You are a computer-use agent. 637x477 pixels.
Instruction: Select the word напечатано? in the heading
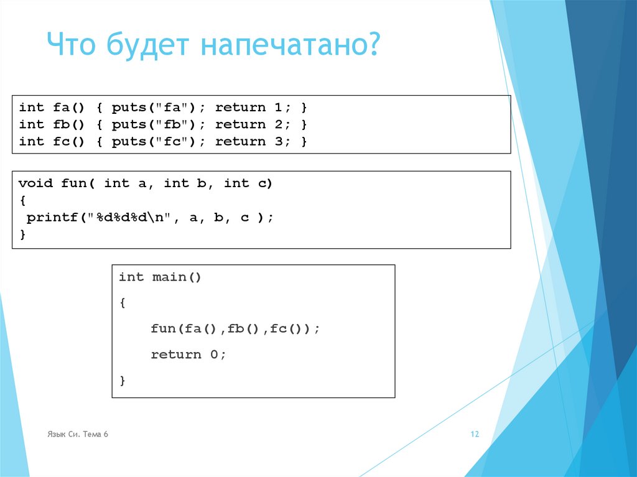(291, 47)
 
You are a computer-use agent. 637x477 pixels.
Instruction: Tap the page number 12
(475, 435)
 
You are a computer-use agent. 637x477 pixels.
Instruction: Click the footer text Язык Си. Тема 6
(78, 434)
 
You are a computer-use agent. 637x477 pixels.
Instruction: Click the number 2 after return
(279, 124)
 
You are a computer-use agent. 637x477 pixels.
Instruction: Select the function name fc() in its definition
(68, 141)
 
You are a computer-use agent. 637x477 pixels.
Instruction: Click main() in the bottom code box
(177, 277)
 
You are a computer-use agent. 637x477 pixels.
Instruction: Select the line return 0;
(188, 354)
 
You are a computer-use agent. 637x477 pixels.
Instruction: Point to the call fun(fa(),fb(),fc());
(235, 328)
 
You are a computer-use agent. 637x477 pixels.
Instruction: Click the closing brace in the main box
(123, 379)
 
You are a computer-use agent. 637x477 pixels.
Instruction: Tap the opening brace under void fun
(22, 201)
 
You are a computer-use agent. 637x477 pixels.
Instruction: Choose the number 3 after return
(279, 141)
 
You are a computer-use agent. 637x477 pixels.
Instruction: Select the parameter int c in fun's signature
(245, 183)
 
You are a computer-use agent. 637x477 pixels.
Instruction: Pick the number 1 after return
(279, 108)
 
